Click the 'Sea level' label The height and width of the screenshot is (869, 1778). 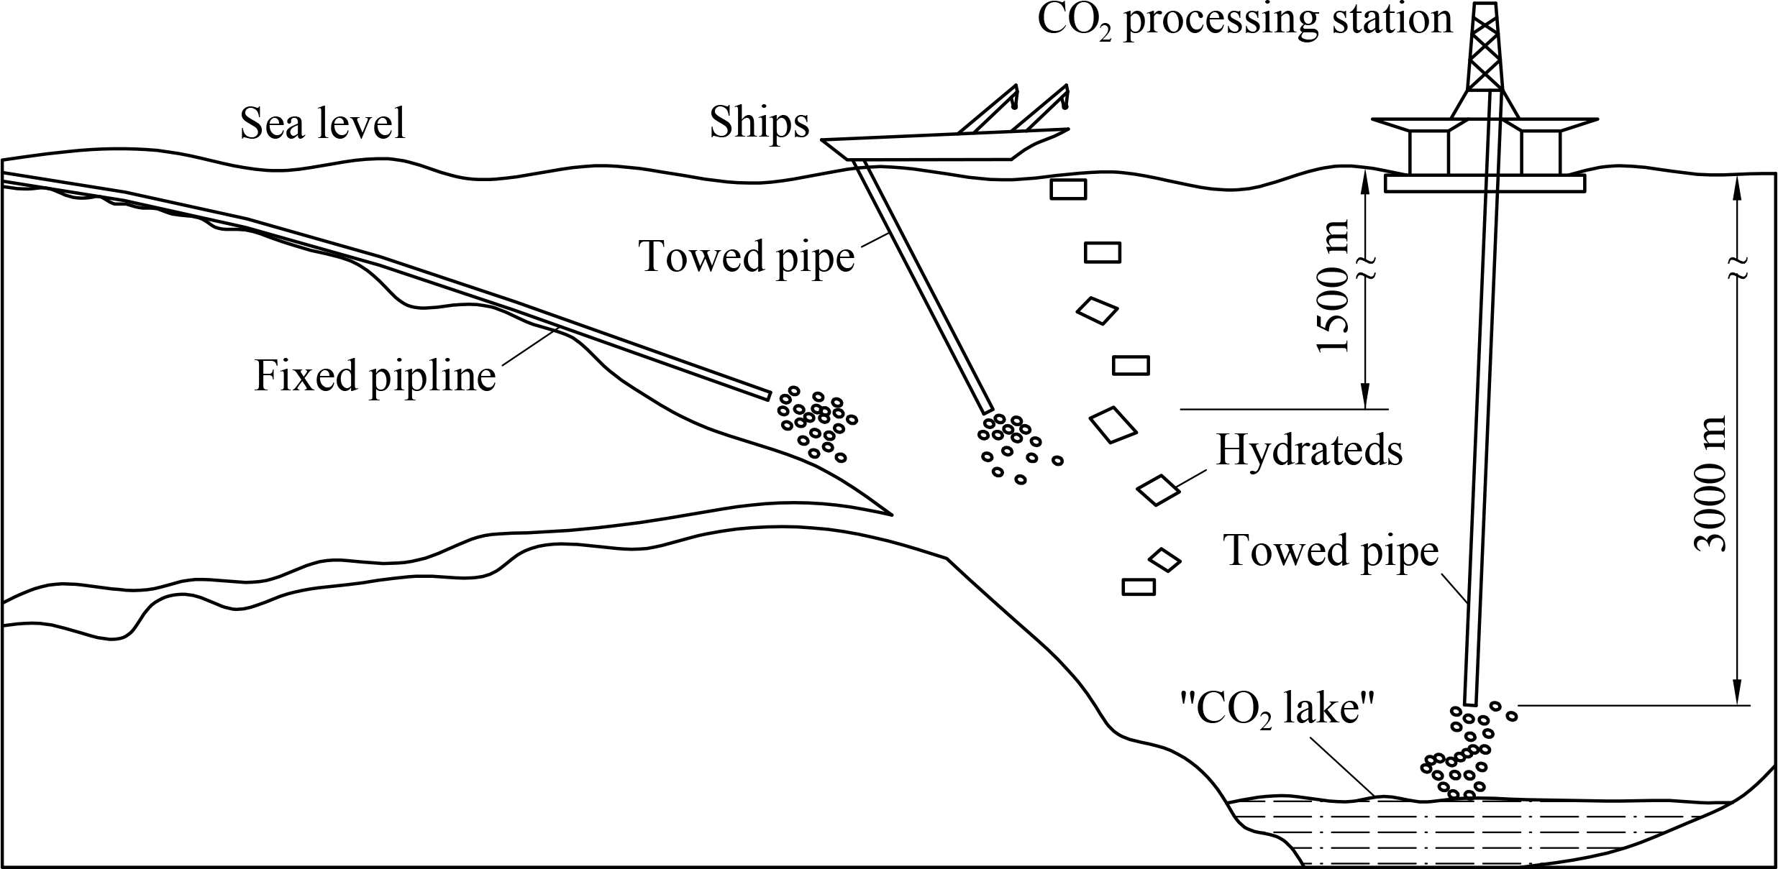322,123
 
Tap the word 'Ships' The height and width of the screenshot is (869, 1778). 759,123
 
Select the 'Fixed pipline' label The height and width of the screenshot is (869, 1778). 375,376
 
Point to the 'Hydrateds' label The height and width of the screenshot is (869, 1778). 1309,451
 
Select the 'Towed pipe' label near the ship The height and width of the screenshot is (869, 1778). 747,256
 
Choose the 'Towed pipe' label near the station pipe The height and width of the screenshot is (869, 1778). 1331,551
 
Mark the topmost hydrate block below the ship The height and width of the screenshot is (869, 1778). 1068,189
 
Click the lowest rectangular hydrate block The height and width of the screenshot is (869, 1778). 1139,587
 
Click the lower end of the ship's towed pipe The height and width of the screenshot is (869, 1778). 987,409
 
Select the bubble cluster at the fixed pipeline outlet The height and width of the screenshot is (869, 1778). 816,426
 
